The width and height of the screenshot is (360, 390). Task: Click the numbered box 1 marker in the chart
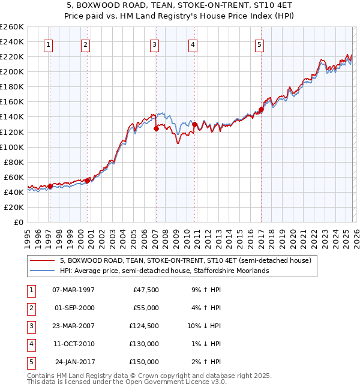pos(48,44)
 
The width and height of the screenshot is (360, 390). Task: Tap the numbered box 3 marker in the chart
pos(154,44)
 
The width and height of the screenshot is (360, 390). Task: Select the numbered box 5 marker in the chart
pos(259,44)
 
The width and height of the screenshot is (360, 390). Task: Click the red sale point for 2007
pos(156,128)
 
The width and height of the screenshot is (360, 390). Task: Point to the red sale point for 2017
pos(261,110)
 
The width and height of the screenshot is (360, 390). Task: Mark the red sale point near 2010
pos(194,124)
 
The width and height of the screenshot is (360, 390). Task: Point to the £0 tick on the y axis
pos(18,222)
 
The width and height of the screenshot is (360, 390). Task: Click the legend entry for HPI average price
pos(164,271)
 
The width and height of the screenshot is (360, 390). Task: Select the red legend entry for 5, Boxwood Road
pos(185,261)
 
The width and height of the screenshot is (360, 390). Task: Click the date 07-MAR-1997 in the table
pos(73,290)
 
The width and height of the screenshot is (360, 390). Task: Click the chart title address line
pos(180,7)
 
